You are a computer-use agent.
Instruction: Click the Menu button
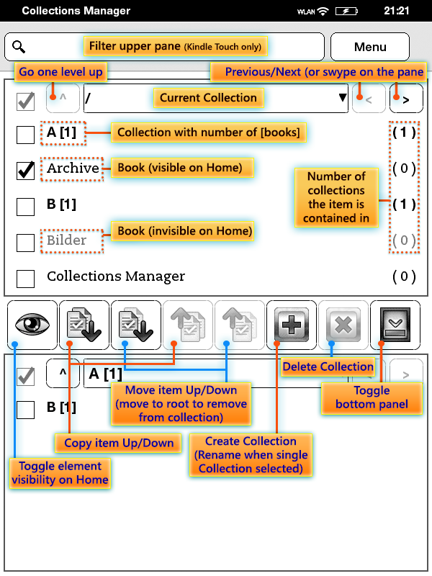tap(370, 47)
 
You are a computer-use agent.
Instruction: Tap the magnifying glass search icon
tap(19, 47)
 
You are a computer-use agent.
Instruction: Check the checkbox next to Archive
tap(25, 170)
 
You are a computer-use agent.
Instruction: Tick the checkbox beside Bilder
tap(25, 242)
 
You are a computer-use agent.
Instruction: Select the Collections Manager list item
tap(115, 276)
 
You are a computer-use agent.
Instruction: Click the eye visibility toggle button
tap(32, 325)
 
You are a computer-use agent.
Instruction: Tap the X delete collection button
tap(343, 325)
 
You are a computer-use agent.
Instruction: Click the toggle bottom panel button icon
tap(395, 325)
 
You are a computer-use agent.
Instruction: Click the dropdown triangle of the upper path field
tap(343, 99)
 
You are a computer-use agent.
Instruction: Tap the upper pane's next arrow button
tap(406, 99)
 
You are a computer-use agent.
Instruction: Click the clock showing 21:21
tap(397, 11)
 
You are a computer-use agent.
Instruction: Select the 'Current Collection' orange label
tap(208, 98)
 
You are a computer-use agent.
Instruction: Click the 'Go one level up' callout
tap(60, 72)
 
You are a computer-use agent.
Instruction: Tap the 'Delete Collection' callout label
tap(328, 367)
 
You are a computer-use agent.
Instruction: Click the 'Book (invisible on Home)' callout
tap(184, 231)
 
